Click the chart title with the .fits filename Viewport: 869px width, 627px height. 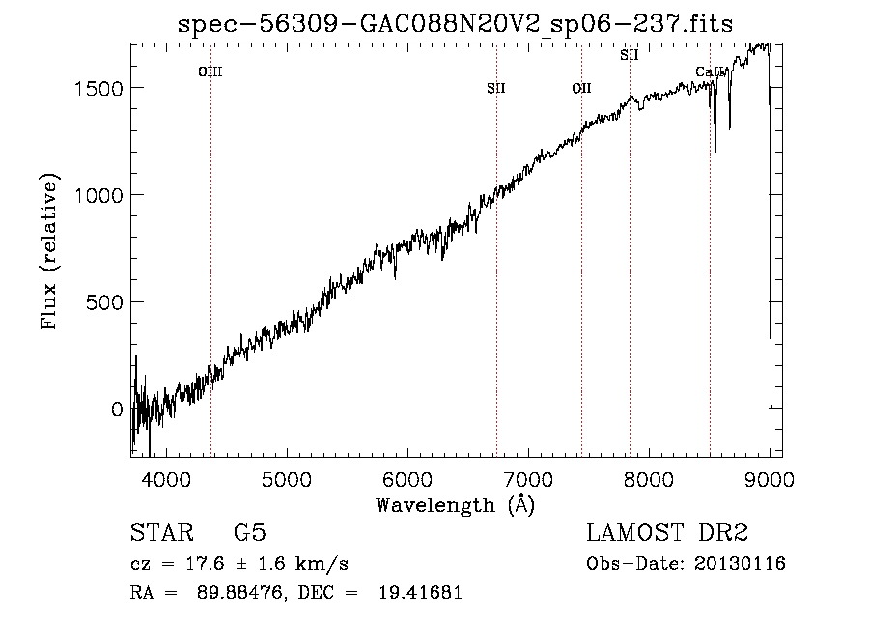(x=455, y=24)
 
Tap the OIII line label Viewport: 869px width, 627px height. (x=210, y=71)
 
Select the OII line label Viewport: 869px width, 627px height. (x=582, y=88)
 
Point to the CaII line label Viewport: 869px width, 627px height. (x=710, y=71)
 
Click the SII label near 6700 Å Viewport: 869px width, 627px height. (x=496, y=88)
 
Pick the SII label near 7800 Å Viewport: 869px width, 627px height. (x=629, y=55)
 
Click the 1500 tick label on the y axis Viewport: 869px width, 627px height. (x=98, y=88)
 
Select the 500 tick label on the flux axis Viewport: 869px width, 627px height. (x=104, y=302)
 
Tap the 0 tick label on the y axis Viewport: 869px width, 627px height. (x=117, y=410)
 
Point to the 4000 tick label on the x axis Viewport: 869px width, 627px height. (x=166, y=479)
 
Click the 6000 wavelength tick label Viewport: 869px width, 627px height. (x=407, y=479)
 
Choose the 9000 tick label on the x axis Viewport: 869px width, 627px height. (x=770, y=479)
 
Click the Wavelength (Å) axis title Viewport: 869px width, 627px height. (x=456, y=505)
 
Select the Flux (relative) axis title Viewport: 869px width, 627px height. (x=49, y=251)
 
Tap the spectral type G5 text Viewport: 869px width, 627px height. (x=250, y=532)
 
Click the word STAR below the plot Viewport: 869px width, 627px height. (x=162, y=532)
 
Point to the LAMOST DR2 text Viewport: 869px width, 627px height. (x=667, y=532)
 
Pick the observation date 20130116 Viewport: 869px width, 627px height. (x=740, y=564)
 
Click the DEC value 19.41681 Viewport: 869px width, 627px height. (x=420, y=592)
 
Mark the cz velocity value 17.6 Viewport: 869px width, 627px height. (x=205, y=564)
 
